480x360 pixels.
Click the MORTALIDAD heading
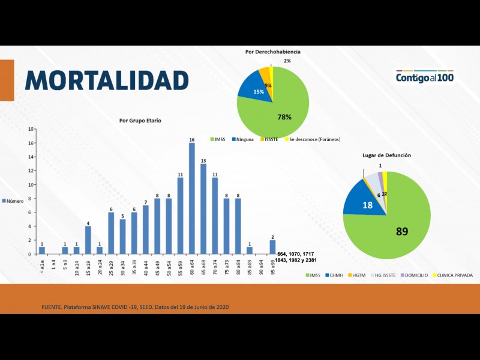107,80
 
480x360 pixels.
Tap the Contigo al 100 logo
425,77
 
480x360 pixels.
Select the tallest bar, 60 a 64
191,198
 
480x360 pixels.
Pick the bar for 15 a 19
88,239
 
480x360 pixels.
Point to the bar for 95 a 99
272,247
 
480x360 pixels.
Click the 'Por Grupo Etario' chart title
140,121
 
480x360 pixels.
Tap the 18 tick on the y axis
31,130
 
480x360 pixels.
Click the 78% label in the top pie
284,117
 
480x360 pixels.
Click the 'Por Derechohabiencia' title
272,52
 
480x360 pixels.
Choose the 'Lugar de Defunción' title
386,155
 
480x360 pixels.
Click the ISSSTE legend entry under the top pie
269,140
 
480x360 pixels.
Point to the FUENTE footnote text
134,307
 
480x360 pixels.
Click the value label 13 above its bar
203,160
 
